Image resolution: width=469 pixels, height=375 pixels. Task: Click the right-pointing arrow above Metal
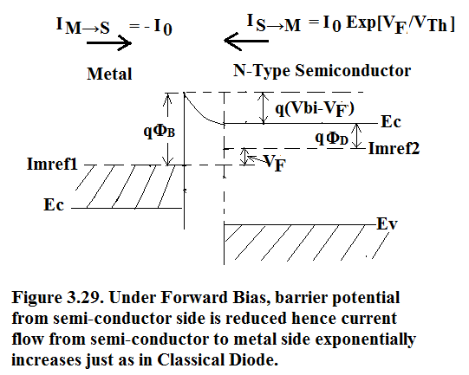109,43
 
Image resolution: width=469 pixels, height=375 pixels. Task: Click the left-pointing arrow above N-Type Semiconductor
246,41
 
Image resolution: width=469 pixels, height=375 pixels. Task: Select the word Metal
109,74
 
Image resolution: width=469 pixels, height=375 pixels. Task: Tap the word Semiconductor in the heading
353,71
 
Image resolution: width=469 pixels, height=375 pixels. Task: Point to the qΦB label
160,131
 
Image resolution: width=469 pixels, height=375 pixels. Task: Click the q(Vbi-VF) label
315,108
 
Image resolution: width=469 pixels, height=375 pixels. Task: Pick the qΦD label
332,138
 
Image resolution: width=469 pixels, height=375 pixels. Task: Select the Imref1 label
52,164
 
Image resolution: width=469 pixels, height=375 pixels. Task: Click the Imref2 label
394,148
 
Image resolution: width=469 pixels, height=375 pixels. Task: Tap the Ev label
387,223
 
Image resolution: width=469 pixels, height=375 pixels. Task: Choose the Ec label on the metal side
54,205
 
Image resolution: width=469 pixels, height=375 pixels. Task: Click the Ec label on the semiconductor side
391,122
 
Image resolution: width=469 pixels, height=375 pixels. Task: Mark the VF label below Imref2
274,163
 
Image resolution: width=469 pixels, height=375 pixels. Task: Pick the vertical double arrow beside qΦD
357,136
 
